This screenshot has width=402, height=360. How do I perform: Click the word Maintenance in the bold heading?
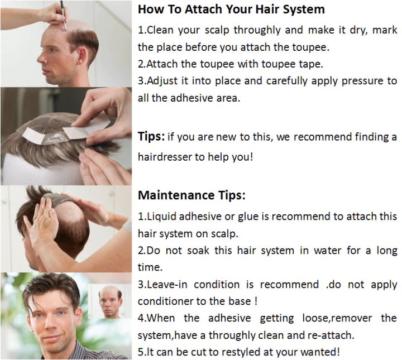176,195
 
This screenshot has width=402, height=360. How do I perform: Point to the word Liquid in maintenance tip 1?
162,217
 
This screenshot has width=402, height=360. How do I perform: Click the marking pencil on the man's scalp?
63,16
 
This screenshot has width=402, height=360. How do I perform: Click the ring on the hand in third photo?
35,218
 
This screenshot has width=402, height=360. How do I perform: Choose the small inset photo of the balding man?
110,301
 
